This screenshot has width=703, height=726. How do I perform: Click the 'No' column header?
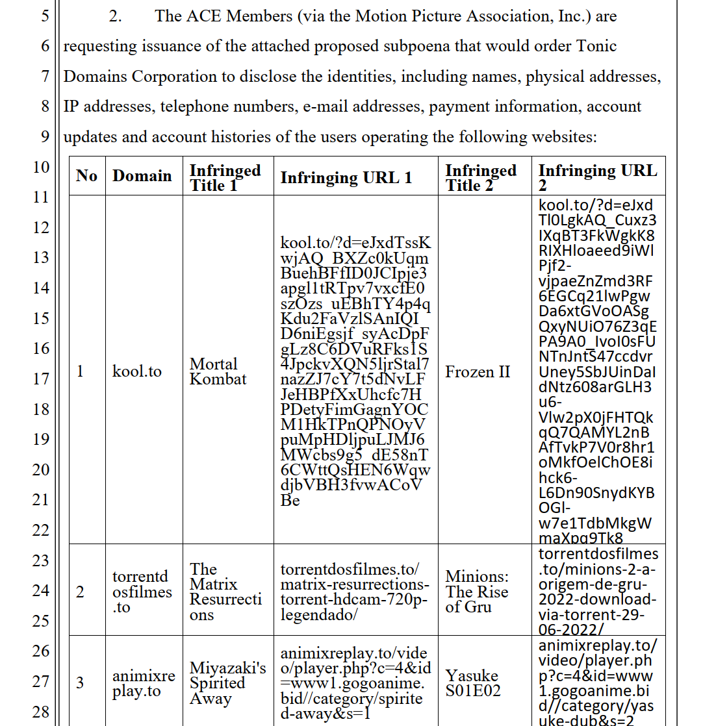pos(86,176)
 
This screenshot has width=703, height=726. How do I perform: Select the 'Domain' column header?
pos(142,176)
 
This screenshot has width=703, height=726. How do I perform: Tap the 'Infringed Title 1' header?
pos(225,177)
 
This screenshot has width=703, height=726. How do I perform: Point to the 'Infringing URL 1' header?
pos(346,178)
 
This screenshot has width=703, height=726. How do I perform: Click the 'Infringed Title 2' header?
pos(481,177)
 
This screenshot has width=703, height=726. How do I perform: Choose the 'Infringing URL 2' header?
pos(598,177)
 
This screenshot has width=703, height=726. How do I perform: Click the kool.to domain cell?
pos(137,372)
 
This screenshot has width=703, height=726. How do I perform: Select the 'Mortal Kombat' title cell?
pos(218,371)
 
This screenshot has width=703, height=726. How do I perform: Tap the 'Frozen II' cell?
pos(478,372)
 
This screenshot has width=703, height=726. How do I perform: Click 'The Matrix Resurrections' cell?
pos(225,592)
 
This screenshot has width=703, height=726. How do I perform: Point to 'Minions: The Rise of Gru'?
pos(477,592)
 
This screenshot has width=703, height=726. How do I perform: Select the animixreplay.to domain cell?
pos(144,683)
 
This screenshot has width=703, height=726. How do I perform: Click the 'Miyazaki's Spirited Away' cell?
pos(227,683)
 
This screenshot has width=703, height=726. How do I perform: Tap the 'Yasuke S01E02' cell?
pos(473,683)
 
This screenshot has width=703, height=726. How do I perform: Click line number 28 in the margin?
pos(42,712)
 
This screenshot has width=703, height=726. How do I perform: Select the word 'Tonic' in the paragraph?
pos(594,47)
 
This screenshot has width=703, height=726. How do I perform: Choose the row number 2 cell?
pos(81,592)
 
